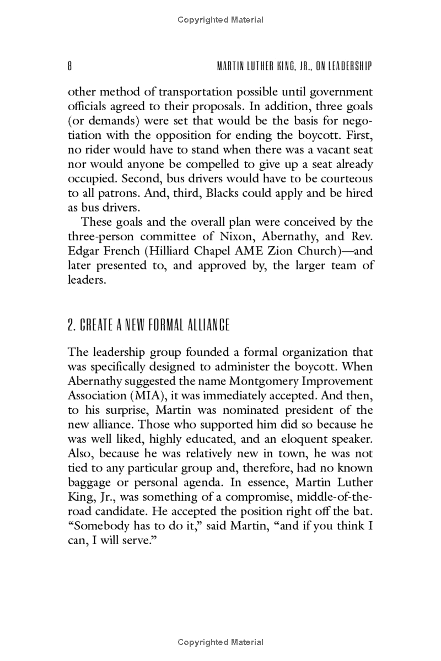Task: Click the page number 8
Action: [x=70, y=66]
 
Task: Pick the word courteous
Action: [x=348, y=179]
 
